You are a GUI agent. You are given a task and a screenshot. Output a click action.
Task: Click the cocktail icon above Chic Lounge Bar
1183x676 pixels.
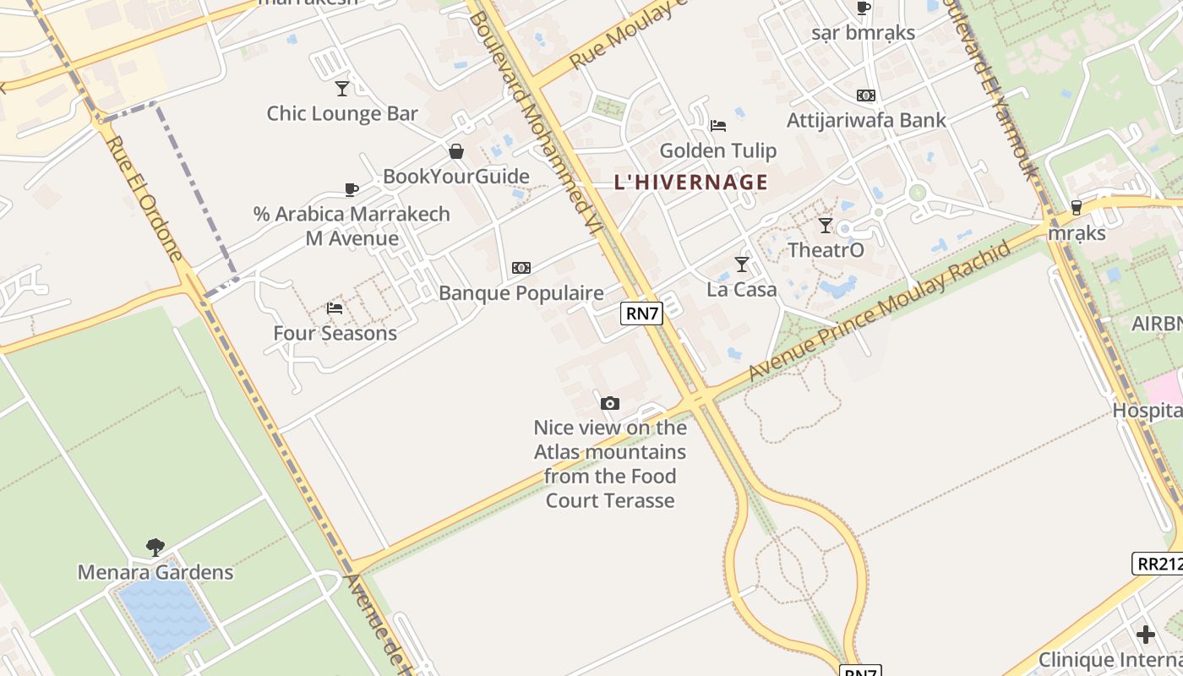(342, 88)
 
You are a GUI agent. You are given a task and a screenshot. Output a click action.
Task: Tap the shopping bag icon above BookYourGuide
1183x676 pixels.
(456, 151)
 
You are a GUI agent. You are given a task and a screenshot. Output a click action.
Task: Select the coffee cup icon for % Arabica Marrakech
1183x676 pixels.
(352, 189)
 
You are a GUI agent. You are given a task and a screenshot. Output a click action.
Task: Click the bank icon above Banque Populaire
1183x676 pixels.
(521, 268)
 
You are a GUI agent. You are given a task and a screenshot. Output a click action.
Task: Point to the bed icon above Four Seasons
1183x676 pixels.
(335, 308)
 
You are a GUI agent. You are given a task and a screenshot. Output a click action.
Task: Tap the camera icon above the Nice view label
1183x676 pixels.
(609, 403)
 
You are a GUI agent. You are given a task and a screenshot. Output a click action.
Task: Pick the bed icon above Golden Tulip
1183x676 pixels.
(717, 126)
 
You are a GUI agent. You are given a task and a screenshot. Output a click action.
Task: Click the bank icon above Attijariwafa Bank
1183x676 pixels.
(866, 95)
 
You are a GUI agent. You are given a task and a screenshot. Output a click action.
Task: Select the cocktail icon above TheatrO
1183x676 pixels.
(826, 226)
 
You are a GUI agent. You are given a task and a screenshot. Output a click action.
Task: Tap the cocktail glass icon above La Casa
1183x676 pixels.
(741, 264)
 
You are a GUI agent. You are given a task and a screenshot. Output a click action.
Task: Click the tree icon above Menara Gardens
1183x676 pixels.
(155, 548)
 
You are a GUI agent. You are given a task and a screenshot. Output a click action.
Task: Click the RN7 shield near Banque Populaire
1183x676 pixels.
(641, 313)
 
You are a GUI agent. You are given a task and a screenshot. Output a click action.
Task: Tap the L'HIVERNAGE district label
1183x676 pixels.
(691, 182)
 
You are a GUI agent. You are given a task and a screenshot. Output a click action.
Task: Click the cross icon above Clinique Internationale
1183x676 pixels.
(1146, 635)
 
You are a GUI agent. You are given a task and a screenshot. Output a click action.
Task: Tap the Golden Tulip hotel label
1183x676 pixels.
(717, 151)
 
